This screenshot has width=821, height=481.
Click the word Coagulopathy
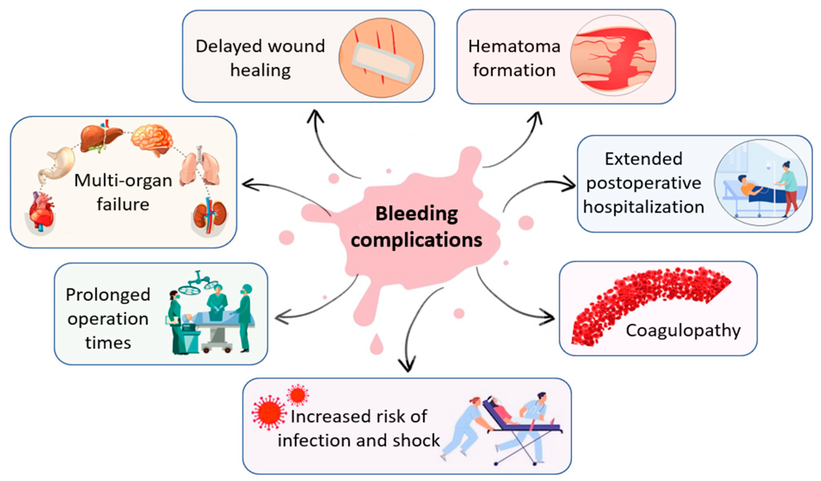(683, 331)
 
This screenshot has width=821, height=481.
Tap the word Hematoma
(514, 47)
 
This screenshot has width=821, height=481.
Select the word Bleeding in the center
(417, 214)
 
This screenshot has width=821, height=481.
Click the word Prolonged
(108, 295)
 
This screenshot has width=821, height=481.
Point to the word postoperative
(644, 183)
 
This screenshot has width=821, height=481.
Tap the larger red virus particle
(268, 413)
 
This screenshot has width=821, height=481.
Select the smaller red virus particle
(297, 395)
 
